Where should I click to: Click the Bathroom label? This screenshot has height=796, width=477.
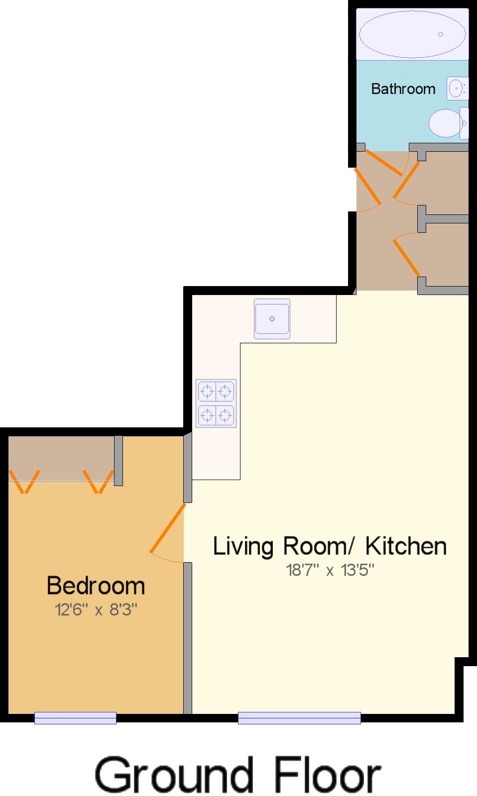click(403, 89)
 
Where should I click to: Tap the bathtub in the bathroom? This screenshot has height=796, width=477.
click(412, 34)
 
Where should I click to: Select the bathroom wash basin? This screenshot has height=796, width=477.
click(457, 89)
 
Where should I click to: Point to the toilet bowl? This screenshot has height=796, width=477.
click(446, 123)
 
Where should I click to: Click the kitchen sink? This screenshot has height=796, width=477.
click(272, 318)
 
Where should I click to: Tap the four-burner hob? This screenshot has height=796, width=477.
click(216, 403)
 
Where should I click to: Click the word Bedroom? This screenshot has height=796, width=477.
click(96, 586)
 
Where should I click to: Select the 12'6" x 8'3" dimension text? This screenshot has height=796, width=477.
click(96, 609)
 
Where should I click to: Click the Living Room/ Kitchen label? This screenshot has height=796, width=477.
click(330, 546)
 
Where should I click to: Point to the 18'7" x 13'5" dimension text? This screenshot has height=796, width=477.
click(330, 570)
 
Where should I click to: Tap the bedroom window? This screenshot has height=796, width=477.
click(75, 717)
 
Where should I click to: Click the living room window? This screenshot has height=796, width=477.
click(299, 717)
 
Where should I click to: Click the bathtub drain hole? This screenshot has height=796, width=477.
click(440, 34)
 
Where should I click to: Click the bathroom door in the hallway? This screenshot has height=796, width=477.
click(384, 162)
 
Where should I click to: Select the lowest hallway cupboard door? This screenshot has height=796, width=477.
click(406, 258)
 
